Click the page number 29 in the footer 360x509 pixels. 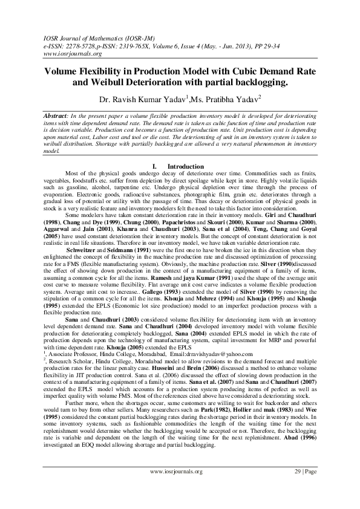[x=295, y=488]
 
